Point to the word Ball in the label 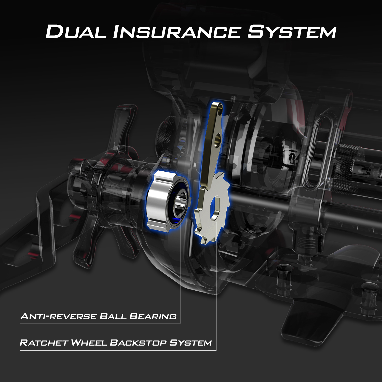pos(113,317)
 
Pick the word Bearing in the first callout pos(153,317)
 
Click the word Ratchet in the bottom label pos(44,343)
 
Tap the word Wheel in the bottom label pos(89,343)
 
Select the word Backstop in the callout pos(138,343)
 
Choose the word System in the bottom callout pos(190,343)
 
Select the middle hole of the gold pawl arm pos(217,139)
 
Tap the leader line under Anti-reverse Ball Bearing pos(100,323)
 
